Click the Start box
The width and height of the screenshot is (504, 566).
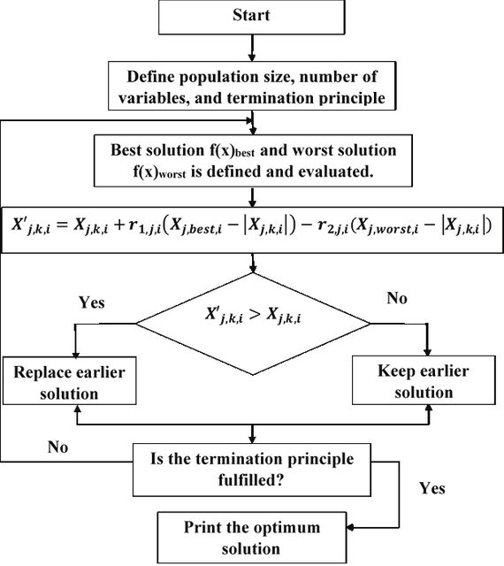coord(252,18)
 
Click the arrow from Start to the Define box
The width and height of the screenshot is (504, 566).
coord(252,48)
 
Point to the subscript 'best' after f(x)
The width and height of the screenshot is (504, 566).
coord(245,153)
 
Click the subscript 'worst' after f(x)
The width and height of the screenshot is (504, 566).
coord(172,174)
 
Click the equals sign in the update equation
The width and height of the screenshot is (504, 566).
coord(62,226)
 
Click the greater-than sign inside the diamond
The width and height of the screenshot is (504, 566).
coord(255,315)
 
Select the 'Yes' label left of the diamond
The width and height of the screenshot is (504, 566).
coord(92,302)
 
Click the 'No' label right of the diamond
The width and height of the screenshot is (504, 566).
coord(397,298)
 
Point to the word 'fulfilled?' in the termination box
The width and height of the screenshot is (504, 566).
coord(251,479)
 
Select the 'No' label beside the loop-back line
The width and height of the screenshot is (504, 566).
coord(57,447)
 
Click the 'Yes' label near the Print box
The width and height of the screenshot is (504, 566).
coord(431,488)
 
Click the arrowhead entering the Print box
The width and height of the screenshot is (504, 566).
coord(350,528)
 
